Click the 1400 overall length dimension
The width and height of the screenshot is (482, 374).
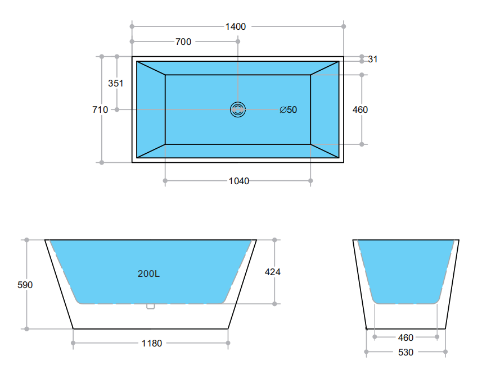236,27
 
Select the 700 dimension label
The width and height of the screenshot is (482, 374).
183,42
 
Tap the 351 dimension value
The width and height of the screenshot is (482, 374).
116,83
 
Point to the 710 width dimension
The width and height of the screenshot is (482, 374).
100,110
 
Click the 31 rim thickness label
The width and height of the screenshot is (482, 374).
372,59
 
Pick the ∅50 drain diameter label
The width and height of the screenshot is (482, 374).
289,110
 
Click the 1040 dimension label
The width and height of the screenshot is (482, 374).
239,181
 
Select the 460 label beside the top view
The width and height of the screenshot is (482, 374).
360,110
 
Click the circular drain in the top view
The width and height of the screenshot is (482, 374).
237,110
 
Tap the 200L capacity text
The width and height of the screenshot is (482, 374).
149,273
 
